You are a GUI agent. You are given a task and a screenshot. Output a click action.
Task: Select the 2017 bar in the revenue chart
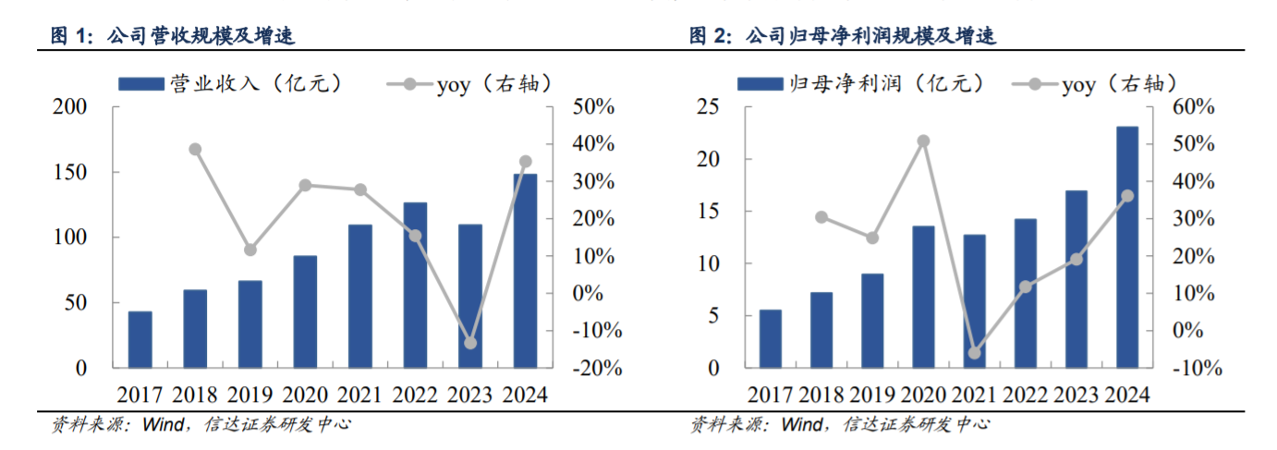(140, 339)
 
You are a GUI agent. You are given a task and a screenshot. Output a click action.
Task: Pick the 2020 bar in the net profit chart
(923, 297)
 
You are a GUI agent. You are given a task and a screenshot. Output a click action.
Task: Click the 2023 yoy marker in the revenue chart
(470, 343)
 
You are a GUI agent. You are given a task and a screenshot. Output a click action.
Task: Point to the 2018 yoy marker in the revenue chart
(195, 150)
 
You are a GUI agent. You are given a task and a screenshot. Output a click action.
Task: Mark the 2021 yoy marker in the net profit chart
(974, 353)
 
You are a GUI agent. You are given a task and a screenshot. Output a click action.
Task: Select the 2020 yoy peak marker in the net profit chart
(923, 141)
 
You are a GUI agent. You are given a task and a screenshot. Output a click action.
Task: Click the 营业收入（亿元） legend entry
(231, 84)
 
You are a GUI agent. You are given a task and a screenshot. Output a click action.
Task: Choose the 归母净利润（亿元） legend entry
(854, 84)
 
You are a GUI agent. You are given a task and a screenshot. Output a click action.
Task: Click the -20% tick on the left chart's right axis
(596, 368)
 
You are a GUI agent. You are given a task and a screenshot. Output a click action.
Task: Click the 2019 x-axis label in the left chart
(250, 395)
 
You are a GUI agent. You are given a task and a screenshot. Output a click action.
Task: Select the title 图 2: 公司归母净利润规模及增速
(842, 37)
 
